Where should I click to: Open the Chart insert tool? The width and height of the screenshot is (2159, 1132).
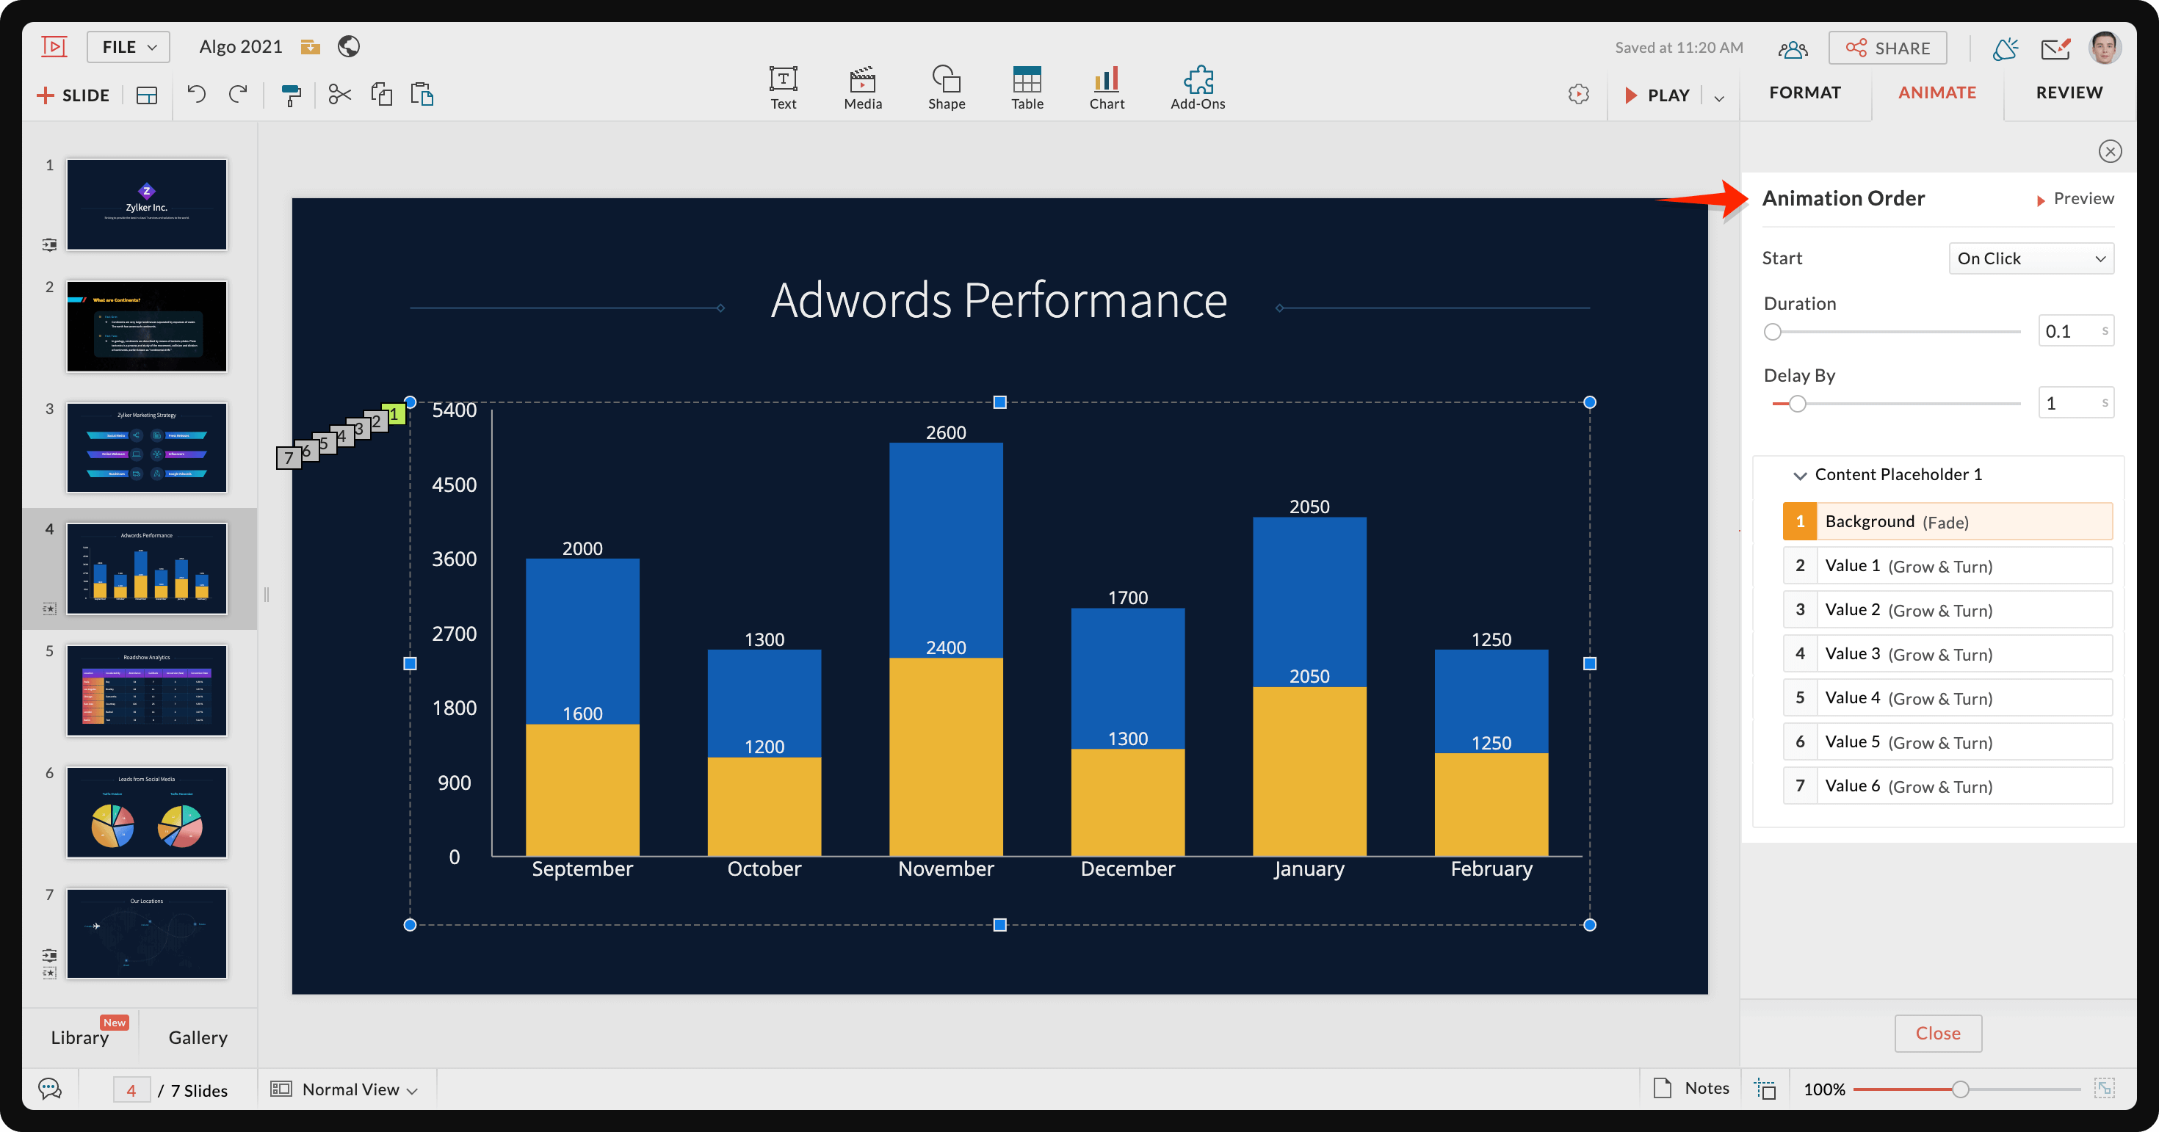point(1107,87)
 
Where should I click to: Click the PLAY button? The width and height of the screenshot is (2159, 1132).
point(1658,95)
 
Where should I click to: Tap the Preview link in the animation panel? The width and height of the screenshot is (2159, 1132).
point(2075,199)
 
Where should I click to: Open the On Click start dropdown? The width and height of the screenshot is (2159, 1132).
point(2030,258)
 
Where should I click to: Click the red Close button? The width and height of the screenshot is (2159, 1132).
point(1937,1033)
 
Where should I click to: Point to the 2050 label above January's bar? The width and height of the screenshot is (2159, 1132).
point(1309,506)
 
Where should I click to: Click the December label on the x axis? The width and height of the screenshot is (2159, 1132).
point(1127,869)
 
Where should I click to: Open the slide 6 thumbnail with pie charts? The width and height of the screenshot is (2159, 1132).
point(147,812)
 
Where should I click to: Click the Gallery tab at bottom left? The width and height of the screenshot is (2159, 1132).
point(198,1037)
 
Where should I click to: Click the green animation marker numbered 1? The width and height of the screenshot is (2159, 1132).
point(395,414)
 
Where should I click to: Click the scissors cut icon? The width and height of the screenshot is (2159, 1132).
point(339,95)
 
